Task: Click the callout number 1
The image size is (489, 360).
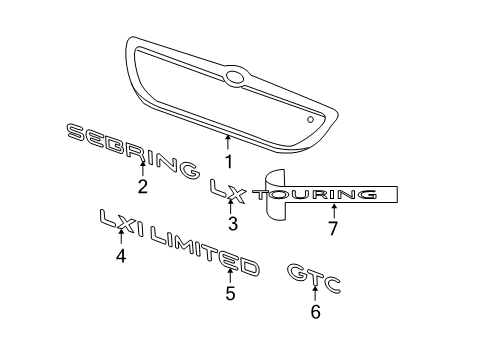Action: (229, 160)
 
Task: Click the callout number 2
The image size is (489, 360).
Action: (143, 185)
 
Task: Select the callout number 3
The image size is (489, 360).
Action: (232, 224)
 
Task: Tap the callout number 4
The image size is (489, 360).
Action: (121, 256)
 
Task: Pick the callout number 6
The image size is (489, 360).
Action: (316, 312)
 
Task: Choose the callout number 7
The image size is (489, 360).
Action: (333, 228)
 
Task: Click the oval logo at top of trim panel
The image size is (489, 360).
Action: (236, 76)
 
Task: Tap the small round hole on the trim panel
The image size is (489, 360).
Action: (312, 119)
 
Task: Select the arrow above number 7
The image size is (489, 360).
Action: (333, 209)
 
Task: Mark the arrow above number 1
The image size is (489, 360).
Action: (229, 143)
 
